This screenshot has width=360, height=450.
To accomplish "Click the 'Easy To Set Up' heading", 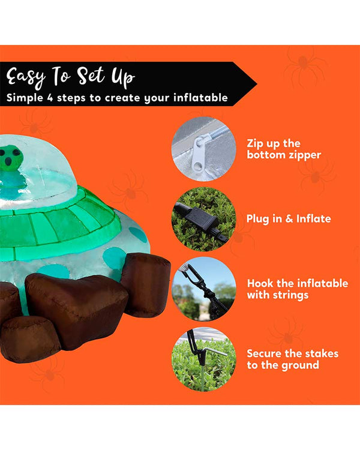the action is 71,77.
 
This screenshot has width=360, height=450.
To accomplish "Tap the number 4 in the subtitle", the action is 50,98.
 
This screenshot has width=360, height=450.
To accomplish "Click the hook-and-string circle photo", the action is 204,289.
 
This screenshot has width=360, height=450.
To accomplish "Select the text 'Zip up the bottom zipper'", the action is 284,149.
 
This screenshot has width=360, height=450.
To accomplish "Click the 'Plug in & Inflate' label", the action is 289,218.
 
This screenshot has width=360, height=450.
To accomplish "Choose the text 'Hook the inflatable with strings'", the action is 298,289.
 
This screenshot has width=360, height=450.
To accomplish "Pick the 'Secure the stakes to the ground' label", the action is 292,359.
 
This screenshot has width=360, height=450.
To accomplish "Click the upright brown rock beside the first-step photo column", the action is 146,284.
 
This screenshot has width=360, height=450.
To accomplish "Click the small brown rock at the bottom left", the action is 30,338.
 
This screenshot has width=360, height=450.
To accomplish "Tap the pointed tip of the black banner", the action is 256,84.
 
